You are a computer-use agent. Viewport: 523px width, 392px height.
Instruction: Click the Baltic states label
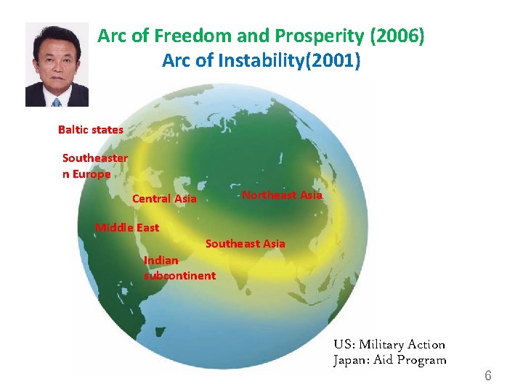pos(91,130)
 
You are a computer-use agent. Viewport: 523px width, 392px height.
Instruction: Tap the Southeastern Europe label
pos(94,166)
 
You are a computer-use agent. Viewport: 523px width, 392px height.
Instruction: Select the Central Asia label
pos(164,199)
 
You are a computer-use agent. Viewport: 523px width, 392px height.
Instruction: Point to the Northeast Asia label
pos(282,195)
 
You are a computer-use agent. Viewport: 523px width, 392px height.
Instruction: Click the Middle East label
pos(127,228)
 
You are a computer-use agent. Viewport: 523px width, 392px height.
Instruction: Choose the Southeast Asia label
pos(246,244)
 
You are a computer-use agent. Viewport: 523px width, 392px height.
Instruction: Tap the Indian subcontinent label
pos(179,268)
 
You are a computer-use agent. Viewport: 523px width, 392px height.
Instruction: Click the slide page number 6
pos(488,375)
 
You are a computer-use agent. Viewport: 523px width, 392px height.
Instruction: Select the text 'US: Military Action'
pos(389,344)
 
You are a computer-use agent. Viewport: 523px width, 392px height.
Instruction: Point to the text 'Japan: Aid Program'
pos(390,360)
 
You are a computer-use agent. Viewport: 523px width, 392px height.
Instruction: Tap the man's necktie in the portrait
pos(57,102)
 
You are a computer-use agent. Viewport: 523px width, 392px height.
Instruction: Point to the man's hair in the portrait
pos(57,35)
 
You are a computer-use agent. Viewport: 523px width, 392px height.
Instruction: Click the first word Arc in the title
pos(113,36)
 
